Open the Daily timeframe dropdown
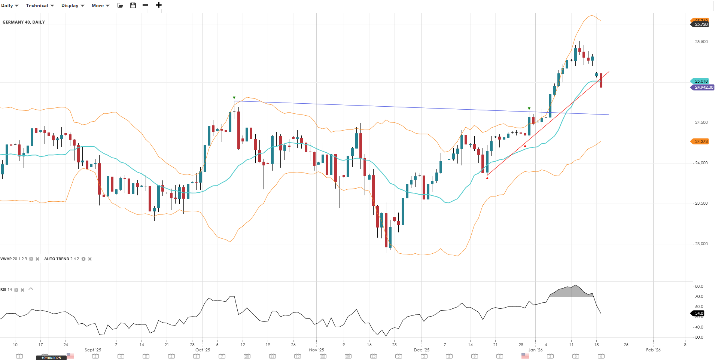(10, 6)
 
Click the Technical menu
(40, 6)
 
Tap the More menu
(100, 6)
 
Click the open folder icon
(120, 6)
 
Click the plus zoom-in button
(159, 5)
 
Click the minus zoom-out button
(146, 5)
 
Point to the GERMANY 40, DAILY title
(24, 22)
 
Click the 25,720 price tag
(701, 25)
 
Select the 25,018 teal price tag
(701, 81)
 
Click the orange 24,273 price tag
(701, 141)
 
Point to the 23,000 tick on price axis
(701, 244)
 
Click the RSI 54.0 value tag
(699, 313)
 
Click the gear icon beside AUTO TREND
(83, 259)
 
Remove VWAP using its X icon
(37, 259)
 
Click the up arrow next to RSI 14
(31, 290)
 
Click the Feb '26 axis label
(653, 350)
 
